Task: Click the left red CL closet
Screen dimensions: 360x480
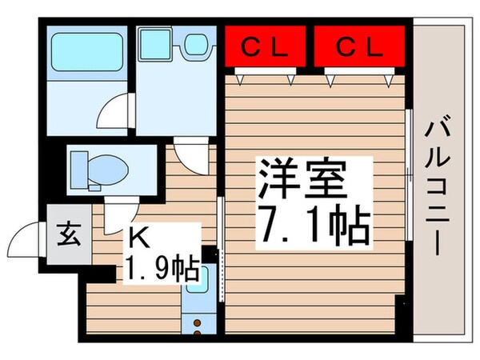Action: pos(264,48)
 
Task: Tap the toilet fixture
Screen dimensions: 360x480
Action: pos(96,168)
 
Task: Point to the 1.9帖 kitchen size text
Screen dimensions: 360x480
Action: pos(160,267)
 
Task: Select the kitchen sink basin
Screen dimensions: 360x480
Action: pos(197,284)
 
